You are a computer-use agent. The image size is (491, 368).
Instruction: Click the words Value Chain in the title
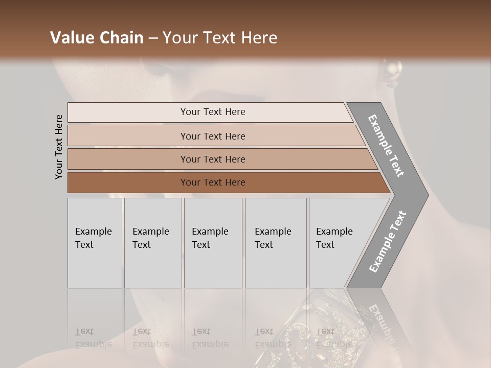point(97,38)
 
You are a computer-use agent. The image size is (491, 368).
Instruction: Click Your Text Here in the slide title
point(219,38)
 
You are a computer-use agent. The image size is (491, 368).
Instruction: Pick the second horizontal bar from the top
point(212,136)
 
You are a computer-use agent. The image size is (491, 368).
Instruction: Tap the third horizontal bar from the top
point(212,159)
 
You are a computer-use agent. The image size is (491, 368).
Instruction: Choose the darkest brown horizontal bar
point(212,182)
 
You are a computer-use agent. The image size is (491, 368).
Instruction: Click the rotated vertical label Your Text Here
point(59,147)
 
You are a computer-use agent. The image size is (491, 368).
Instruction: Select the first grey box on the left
point(95,243)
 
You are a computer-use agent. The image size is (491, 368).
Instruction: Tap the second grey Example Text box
point(152,243)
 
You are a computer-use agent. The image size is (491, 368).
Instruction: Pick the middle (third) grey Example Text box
point(212,243)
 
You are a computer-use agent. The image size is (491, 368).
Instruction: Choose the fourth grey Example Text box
point(275,243)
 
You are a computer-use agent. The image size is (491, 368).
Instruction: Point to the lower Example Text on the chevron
point(388,242)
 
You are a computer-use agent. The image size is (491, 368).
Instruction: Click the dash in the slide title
point(153,38)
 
